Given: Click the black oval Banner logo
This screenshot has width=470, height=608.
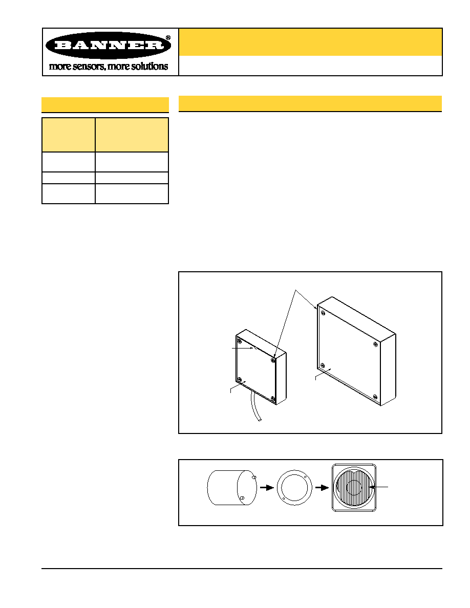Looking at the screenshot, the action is point(108,45).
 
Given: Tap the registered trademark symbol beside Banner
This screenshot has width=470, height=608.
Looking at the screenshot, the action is point(168,37).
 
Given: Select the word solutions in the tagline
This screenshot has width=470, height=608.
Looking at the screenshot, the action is point(149,67).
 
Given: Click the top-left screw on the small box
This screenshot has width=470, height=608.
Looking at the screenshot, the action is point(240,341).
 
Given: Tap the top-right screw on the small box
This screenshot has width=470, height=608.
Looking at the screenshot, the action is point(273,360).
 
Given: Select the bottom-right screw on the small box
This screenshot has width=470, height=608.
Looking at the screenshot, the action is point(272,399).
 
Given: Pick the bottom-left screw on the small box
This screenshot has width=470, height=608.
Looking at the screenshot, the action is point(240,379).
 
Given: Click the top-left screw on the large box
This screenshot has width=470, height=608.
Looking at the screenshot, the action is point(323,313).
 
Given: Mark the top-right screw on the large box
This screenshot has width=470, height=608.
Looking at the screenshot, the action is point(375,344).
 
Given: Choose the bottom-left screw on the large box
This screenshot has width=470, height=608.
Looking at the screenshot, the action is point(323,365).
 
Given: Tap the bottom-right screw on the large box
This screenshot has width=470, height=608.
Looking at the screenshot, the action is point(375,397).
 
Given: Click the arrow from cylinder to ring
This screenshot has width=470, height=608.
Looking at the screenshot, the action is point(267,487).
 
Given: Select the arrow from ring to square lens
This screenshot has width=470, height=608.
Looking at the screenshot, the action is point(322,487).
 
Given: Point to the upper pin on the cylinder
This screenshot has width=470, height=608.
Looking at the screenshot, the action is point(254,477).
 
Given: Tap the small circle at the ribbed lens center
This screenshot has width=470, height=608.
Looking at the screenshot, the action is point(354,487).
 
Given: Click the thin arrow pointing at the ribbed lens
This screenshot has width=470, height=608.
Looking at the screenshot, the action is point(378,487).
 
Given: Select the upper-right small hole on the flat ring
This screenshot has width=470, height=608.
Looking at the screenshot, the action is point(305,476).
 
